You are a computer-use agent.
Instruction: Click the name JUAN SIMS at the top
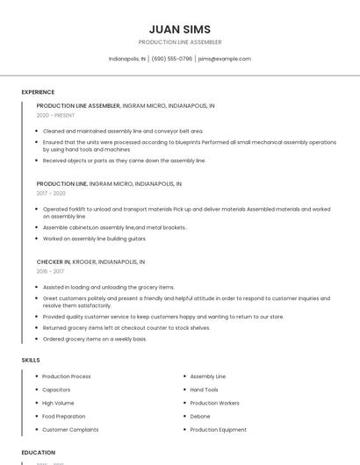[180, 29]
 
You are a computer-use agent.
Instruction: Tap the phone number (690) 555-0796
[171, 59]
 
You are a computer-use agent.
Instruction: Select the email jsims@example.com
[225, 59]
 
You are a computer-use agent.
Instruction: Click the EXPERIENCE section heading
[38, 92]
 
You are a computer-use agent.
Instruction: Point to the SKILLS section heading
[31, 360]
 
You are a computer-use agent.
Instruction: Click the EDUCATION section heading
[39, 453]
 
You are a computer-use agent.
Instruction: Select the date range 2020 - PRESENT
[55, 115]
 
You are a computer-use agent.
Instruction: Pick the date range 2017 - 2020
[51, 193]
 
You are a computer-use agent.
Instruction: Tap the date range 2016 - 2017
[50, 271]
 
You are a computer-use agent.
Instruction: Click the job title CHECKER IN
[54, 261]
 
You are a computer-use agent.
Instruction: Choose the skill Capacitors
[56, 390]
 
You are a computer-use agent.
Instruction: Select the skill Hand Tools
[204, 390]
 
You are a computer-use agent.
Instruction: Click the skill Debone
[200, 416]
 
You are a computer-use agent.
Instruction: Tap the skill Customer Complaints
[70, 430]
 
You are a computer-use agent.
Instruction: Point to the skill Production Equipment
[218, 430]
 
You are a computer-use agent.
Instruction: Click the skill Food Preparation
[64, 416]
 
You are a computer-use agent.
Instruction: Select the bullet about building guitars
[95, 239]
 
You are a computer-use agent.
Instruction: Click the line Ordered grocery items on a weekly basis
[95, 339]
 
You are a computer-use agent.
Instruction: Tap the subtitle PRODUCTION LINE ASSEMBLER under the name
[180, 42]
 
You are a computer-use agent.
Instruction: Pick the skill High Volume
[58, 403]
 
